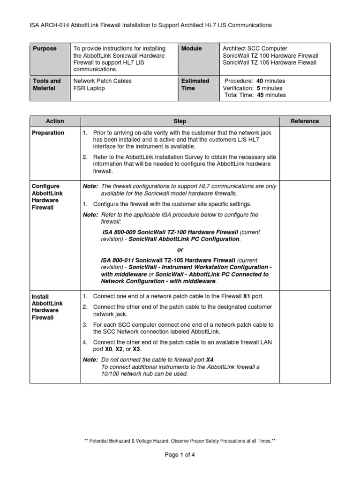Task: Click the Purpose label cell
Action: tap(45, 49)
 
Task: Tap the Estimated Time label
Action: tap(195, 84)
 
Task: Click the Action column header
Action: tap(55, 121)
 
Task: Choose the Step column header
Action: tap(180, 121)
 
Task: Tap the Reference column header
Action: tap(304, 121)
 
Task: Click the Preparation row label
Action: tap(48, 133)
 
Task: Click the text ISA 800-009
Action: tap(118, 232)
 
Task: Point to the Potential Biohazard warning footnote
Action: tap(180, 441)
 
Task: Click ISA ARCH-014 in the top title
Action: tap(51, 25)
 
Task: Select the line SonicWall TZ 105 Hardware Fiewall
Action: tap(270, 63)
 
